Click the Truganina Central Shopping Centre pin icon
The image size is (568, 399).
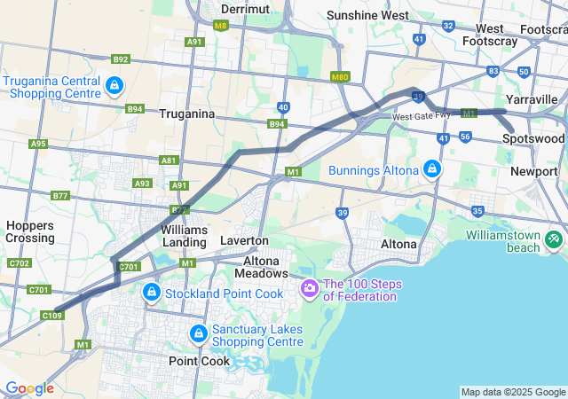click(114, 86)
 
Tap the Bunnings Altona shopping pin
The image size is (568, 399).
click(431, 168)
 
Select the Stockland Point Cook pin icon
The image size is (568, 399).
click(152, 291)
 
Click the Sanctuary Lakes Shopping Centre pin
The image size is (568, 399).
click(200, 333)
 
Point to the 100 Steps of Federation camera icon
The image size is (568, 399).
click(309, 288)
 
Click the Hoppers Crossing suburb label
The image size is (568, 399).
click(30, 231)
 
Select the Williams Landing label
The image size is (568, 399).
click(185, 235)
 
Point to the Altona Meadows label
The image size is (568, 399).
click(262, 267)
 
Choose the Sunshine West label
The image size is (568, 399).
click(367, 15)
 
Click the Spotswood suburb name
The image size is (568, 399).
click(532, 139)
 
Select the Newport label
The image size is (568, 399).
click(533, 170)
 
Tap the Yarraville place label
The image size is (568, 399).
click(531, 98)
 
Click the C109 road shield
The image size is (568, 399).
click(51, 315)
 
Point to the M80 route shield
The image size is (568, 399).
click(339, 77)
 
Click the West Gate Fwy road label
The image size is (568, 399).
click(416, 117)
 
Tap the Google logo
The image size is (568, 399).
click(29, 388)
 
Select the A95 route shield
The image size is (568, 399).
click(38, 143)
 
